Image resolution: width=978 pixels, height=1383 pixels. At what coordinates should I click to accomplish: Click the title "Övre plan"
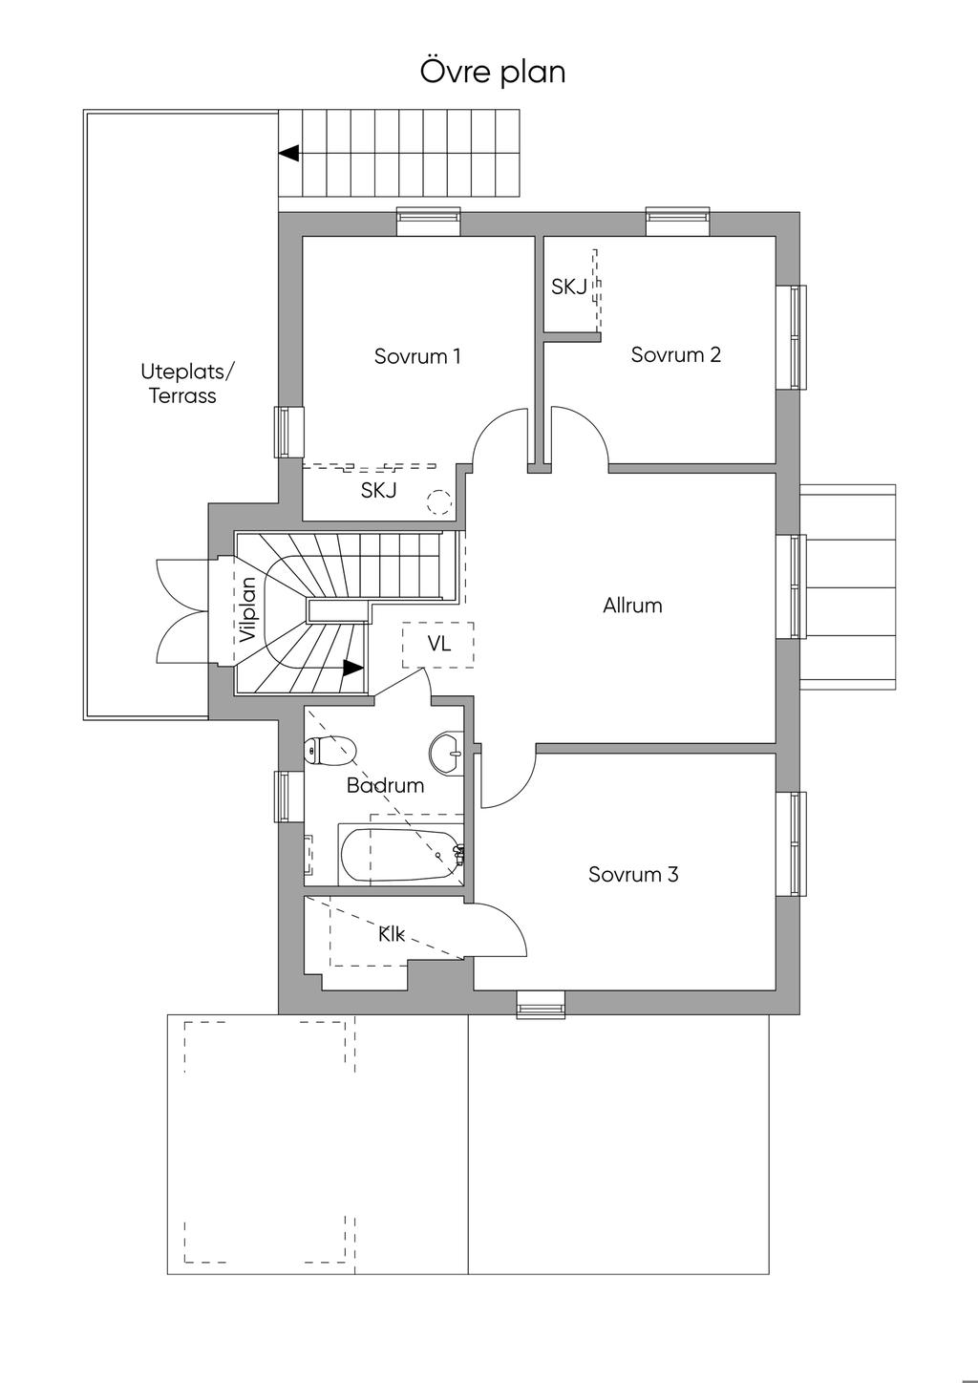(493, 71)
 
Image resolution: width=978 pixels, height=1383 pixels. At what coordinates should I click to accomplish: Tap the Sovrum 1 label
(417, 356)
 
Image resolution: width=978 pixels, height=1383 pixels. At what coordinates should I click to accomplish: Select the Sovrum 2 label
(675, 354)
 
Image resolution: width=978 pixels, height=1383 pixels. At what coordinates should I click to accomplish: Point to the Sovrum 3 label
(633, 874)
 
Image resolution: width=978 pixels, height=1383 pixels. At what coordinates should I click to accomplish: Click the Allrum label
(632, 606)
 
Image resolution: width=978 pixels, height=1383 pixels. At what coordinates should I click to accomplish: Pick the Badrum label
(385, 785)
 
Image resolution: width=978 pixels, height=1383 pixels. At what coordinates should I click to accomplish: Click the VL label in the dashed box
(439, 644)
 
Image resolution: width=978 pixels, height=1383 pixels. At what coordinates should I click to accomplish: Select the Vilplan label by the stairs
(248, 610)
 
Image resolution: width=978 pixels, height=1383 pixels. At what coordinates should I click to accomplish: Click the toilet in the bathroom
(330, 750)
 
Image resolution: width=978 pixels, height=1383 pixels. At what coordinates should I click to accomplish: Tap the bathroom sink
(446, 752)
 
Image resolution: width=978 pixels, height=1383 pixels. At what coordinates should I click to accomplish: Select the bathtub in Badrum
(401, 855)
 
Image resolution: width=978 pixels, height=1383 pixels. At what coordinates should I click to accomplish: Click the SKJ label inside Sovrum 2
(568, 287)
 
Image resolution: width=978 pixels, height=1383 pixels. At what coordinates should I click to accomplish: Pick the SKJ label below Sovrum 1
(378, 490)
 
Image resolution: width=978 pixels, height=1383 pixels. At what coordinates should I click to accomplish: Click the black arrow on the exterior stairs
(289, 153)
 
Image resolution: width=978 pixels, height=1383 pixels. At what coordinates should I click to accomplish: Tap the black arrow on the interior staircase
(352, 668)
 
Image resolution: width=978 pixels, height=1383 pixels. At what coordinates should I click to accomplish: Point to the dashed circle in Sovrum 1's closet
(439, 502)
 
